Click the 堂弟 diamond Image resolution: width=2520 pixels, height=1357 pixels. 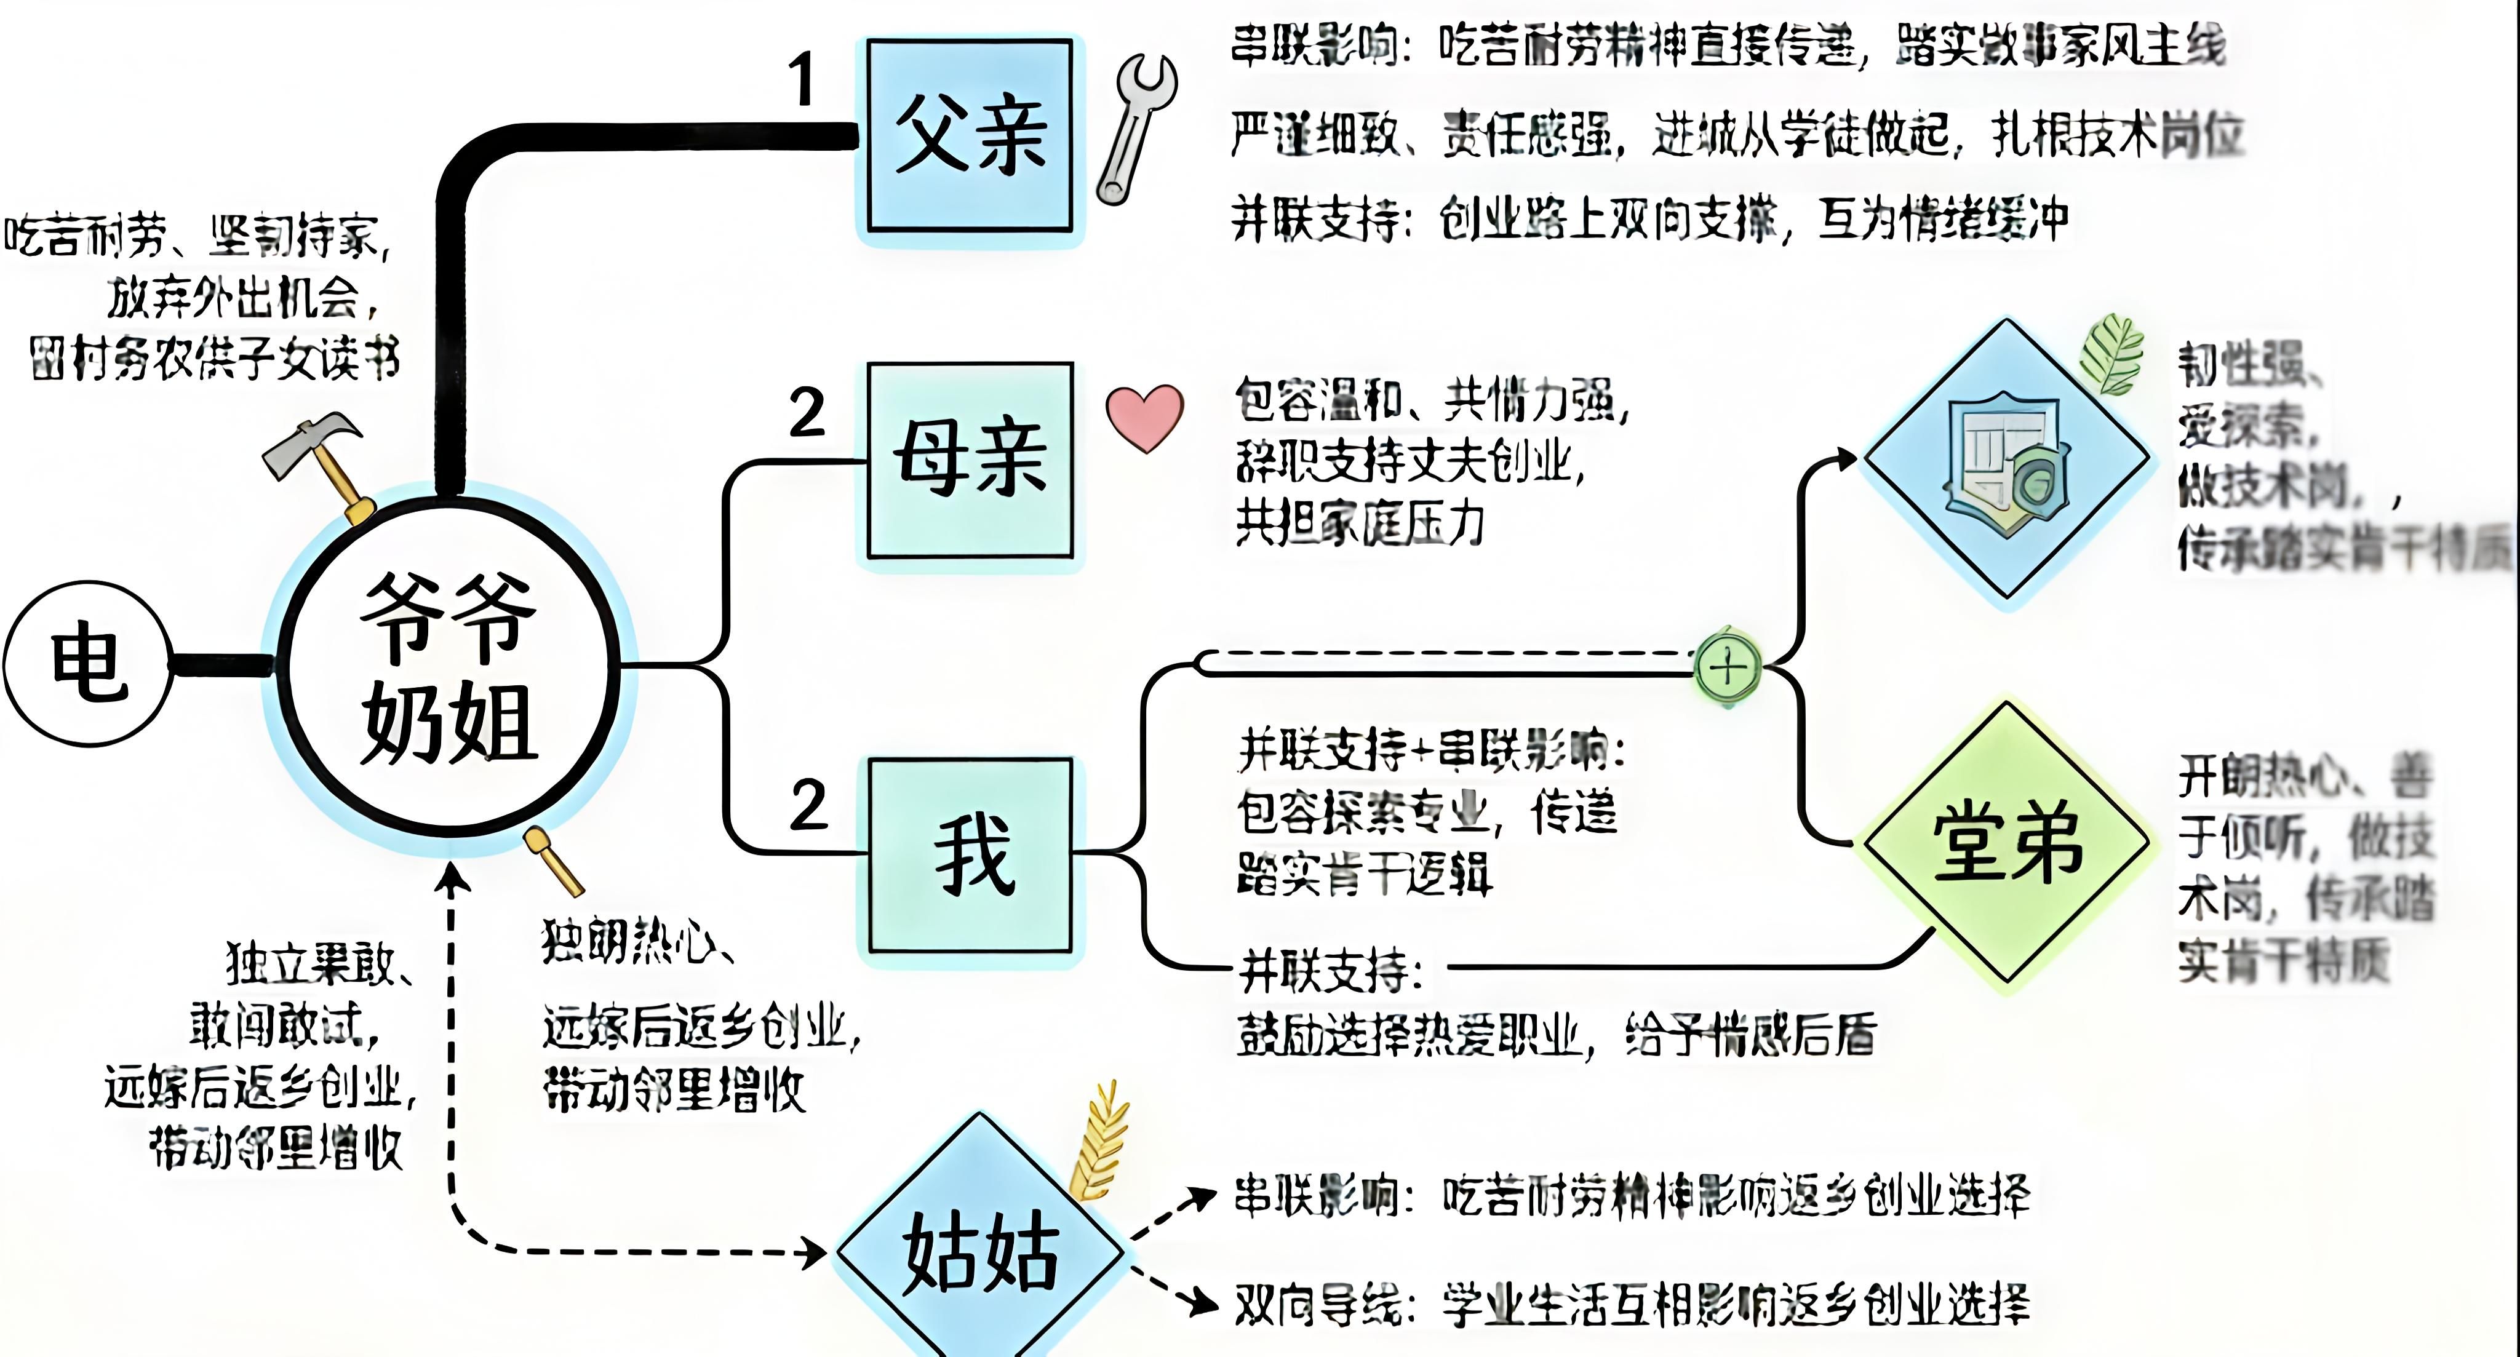(x=2006, y=842)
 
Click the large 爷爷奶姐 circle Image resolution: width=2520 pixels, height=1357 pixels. (x=450, y=666)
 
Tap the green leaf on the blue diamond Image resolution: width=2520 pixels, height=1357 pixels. (x=2113, y=352)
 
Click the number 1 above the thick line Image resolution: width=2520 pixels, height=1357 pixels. (x=802, y=78)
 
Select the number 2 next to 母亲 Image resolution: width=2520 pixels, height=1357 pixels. (x=807, y=413)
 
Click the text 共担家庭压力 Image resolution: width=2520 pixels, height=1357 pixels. (x=1360, y=524)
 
